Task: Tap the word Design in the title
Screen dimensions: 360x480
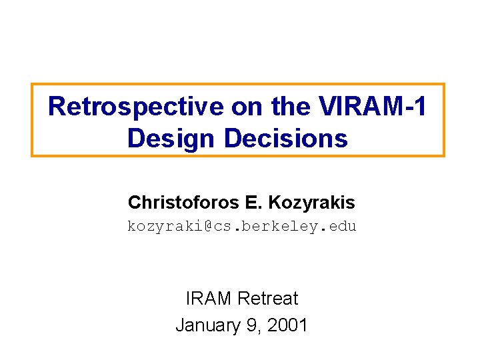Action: click(x=172, y=139)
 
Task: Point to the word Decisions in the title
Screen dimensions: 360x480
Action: click(x=286, y=139)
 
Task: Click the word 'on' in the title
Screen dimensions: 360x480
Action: click(x=211, y=107)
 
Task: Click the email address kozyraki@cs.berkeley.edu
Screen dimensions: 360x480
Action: click(x=242, y=227)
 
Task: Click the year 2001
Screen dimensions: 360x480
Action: click(x=287, y=325)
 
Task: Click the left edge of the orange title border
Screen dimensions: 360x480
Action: click(x=32, y=120)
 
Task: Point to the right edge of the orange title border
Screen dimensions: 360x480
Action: click(x=443, y=120)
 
